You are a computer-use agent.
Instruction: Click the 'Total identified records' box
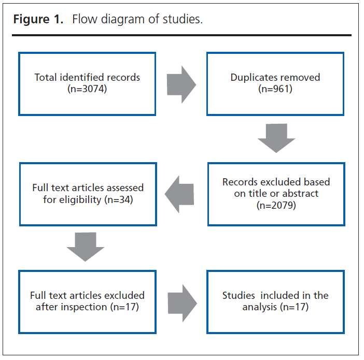[87, 83]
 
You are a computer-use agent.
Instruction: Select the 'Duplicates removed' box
[275, 83]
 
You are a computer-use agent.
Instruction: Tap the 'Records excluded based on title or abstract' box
[276, 194]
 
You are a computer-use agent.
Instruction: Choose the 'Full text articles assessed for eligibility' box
[88, 194]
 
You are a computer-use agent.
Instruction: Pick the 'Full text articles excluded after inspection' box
[87, 301]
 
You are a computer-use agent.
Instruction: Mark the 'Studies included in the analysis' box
[275, 301]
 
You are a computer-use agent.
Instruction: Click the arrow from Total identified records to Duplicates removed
[181, 83]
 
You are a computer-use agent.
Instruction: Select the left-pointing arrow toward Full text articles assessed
[179, 194]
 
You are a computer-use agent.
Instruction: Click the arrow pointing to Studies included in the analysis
[182, 301]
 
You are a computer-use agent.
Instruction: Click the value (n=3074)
[87, 89]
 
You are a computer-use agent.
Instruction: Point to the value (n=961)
[275, 89]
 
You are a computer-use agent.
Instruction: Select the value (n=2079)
[276, 205]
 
